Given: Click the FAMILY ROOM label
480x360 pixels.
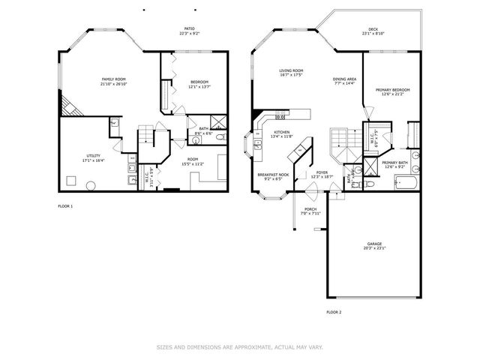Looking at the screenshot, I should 113,79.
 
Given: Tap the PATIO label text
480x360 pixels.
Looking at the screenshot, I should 190,30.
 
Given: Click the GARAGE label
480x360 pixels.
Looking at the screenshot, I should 374,244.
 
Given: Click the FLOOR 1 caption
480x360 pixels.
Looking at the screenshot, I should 66,205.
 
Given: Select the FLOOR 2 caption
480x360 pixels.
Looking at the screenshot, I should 334,311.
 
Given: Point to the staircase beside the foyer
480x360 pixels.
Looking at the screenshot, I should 343,139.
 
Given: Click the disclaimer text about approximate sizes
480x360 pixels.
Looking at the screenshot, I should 239,347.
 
